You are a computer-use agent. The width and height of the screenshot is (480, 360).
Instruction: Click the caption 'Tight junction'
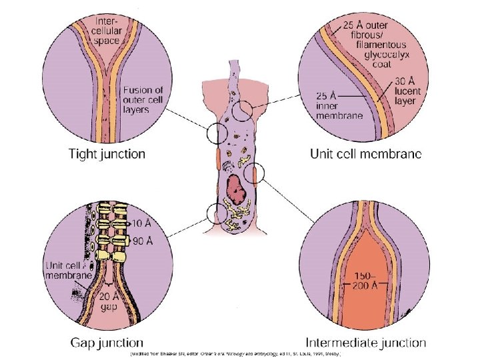coord(107,155)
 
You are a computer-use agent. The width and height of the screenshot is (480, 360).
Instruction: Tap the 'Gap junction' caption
coord(107,343)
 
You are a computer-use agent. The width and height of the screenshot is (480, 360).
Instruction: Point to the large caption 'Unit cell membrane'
coord(366,155)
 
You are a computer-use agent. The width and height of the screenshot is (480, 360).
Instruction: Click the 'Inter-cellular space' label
coord(107,30)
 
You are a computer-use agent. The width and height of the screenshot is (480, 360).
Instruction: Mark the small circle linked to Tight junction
coord(217,134)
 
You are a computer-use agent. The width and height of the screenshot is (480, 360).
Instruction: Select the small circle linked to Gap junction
coord(217,213)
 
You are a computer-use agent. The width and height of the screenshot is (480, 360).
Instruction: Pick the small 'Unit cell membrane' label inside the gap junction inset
coord(67,271)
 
